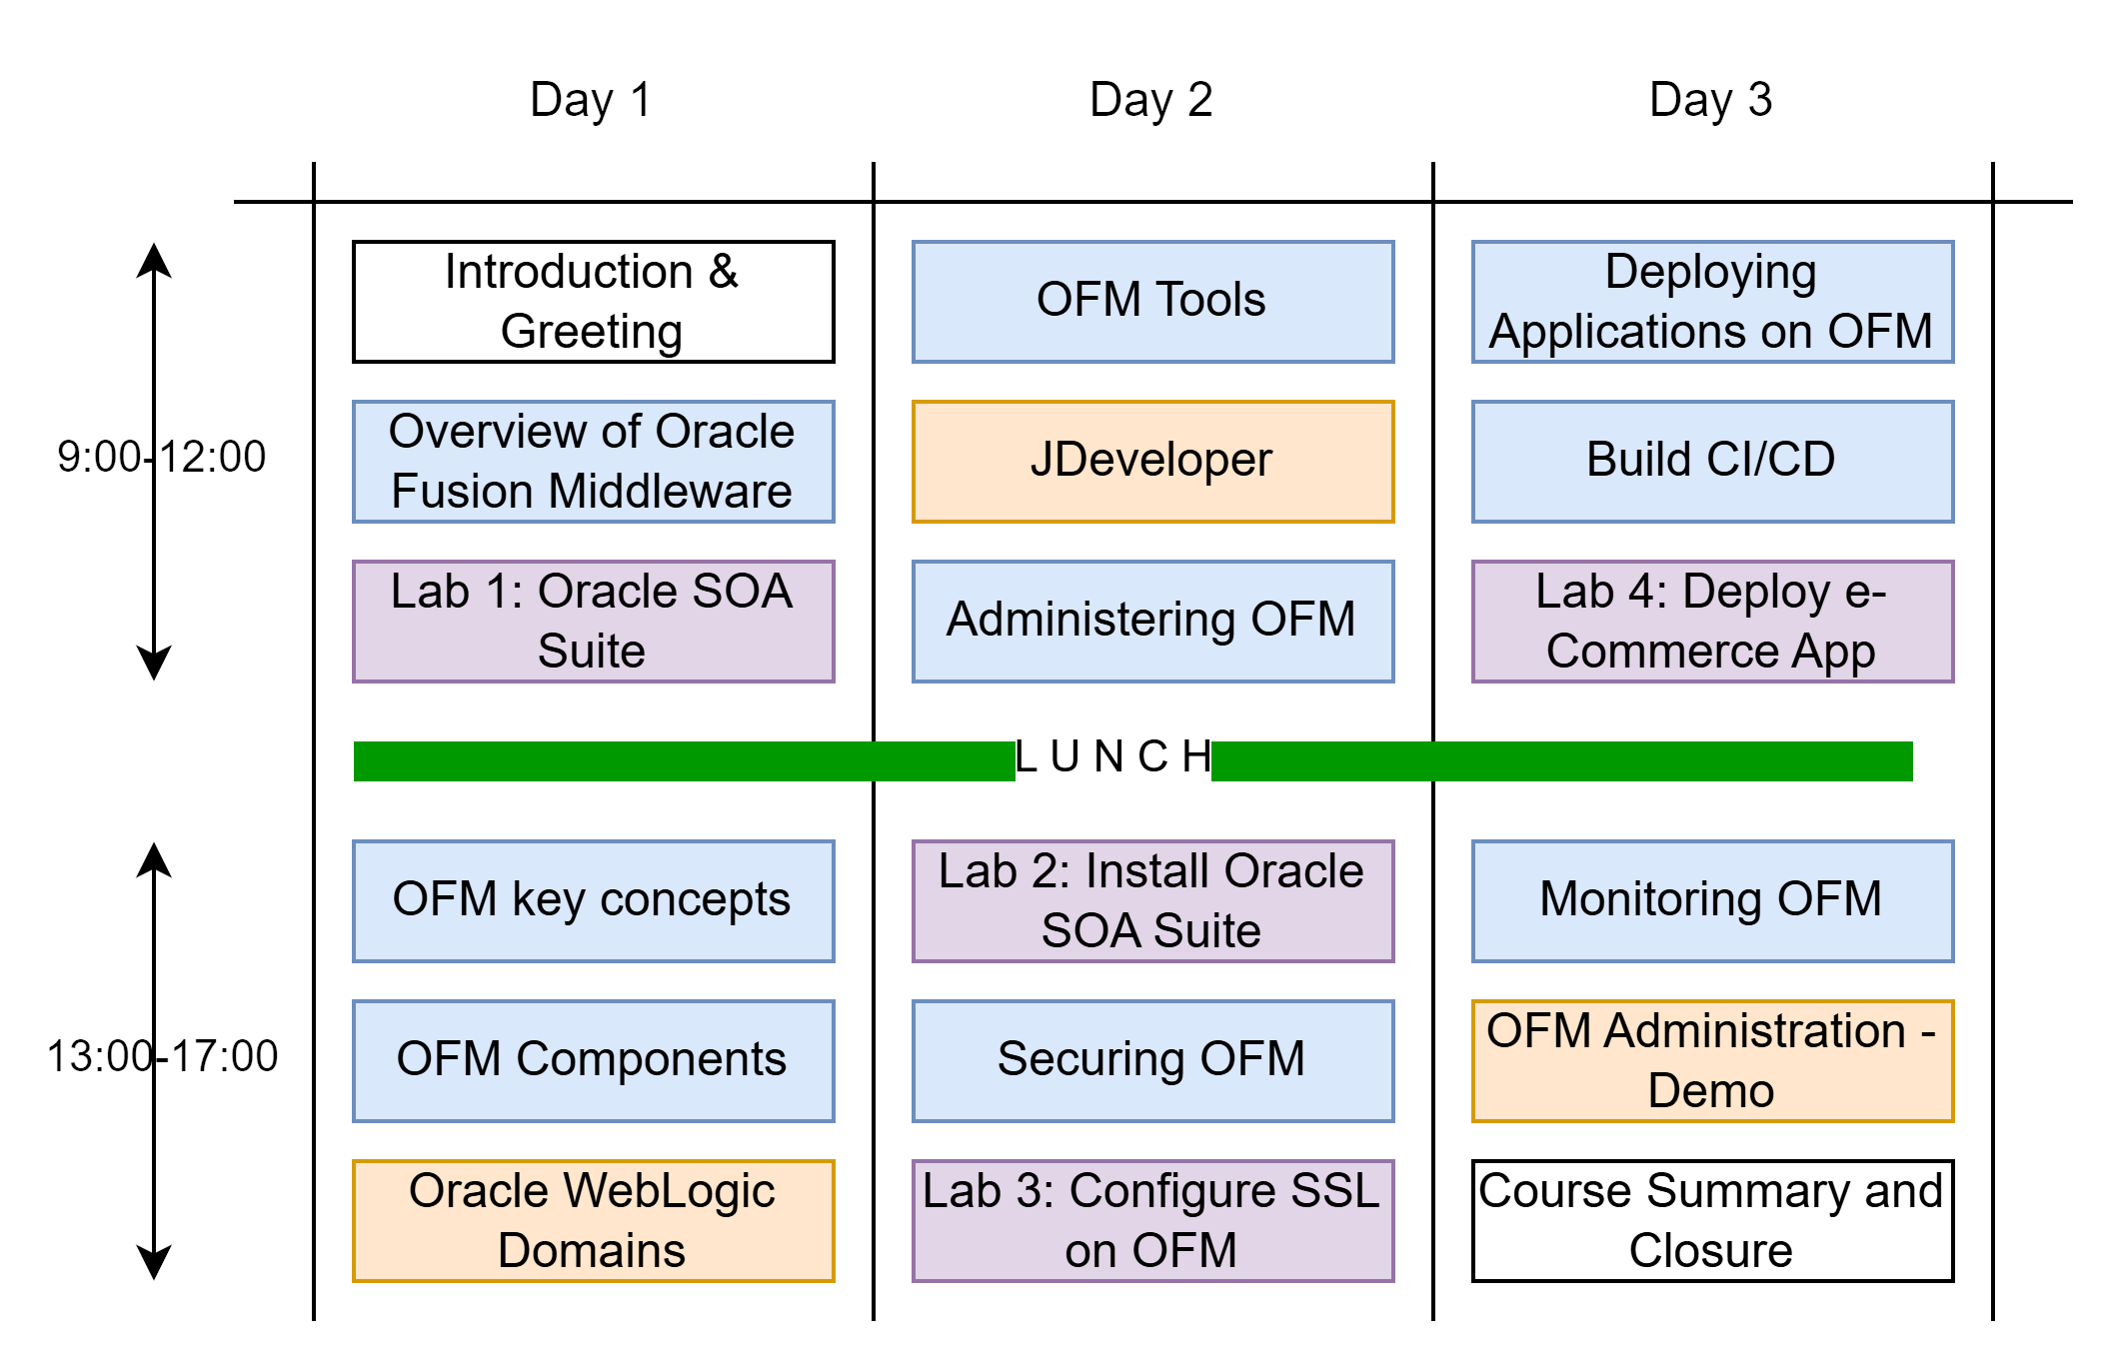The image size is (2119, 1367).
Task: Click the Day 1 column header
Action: tap(591, 100)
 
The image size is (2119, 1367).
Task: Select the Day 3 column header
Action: tap(1710, 100)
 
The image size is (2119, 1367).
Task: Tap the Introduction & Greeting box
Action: tap(593, 302)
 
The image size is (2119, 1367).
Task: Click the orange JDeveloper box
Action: tap(1152, 462)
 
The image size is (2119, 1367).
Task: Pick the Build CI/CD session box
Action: tap(1712, 462)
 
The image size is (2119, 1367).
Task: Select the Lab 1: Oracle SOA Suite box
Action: tap(593, 622)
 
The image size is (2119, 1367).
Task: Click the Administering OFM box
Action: tap(1152, 622)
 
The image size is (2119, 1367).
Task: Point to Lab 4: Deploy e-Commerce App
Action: tap(1712, 622)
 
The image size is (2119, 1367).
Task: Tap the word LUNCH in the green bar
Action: tap(1112, 758)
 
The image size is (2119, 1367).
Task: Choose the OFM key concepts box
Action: tap(593, 901)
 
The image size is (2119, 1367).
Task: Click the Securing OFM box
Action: tap(1152, 1061)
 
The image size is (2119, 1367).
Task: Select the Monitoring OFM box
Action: tap(1712, 901)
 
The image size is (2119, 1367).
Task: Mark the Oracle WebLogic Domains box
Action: tap(593, 1221)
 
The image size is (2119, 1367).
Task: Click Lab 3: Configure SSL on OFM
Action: tap(1152, 1221)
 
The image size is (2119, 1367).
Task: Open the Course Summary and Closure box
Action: tap(1712, 1221)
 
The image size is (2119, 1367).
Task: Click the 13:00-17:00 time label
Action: tap(162, 1057)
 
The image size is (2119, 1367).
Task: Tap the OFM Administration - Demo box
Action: tap(1712, 1061)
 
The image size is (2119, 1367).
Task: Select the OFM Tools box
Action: tap(1152, 302)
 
